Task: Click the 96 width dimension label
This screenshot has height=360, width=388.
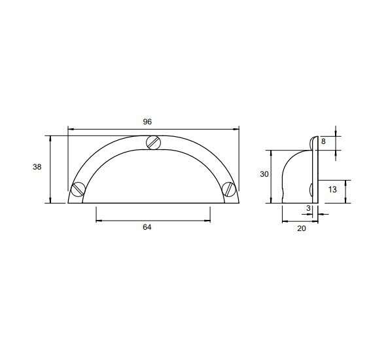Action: click(x=147, y=122)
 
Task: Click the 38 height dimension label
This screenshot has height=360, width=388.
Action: click(x=37, y=167)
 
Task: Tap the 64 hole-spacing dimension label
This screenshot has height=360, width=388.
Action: click(x=147, y=227)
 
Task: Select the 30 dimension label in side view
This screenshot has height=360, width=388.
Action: click(x=264, y=174)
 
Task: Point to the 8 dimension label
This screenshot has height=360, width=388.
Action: click(x=323, y=141)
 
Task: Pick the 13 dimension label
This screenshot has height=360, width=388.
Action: click(x=332, y=190)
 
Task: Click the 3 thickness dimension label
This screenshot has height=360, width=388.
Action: click(x=308, y=208)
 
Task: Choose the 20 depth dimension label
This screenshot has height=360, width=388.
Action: click(x=302, y=228)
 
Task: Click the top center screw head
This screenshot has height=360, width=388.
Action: click(x=153, y=143)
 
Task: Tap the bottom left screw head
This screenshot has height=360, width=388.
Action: click(x=79, y=189)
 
